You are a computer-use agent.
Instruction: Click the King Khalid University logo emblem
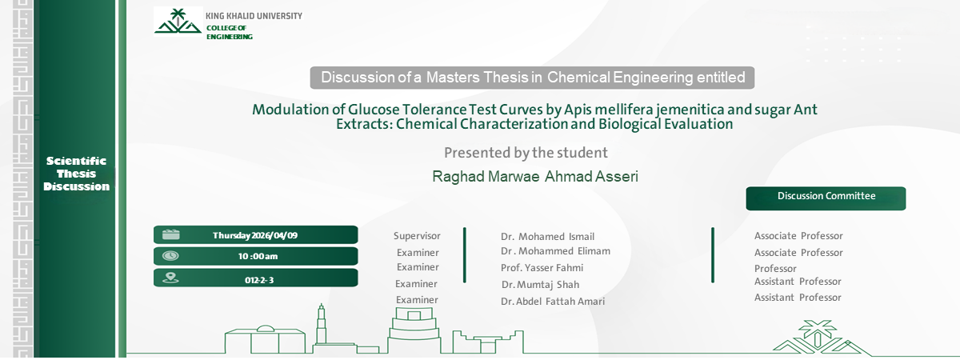click(x=178, y=22)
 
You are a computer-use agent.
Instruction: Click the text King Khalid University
click(x=254, y=16)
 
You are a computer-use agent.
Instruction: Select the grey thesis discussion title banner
click(x=532, y=78)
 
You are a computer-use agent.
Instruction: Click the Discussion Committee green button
click(x=826, y=198)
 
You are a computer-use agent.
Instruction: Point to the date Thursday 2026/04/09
click(x=255, y=235)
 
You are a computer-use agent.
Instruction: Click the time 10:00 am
click(x=258, y=257)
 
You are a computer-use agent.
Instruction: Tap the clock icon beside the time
click(x=170, y=256)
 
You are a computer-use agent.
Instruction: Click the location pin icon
click(x=170, y=278)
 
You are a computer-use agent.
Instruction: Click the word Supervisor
click(x=417, y=236)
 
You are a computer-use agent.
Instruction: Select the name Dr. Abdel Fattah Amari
click(x=553, y=302)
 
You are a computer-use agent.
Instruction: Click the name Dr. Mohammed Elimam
click(x=555, y=251)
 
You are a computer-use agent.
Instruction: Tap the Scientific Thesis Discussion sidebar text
click(x=76, y=174)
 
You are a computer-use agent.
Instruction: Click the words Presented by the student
click(x=526, y=152)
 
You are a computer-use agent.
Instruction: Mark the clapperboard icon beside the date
click(x=170, y=234)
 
